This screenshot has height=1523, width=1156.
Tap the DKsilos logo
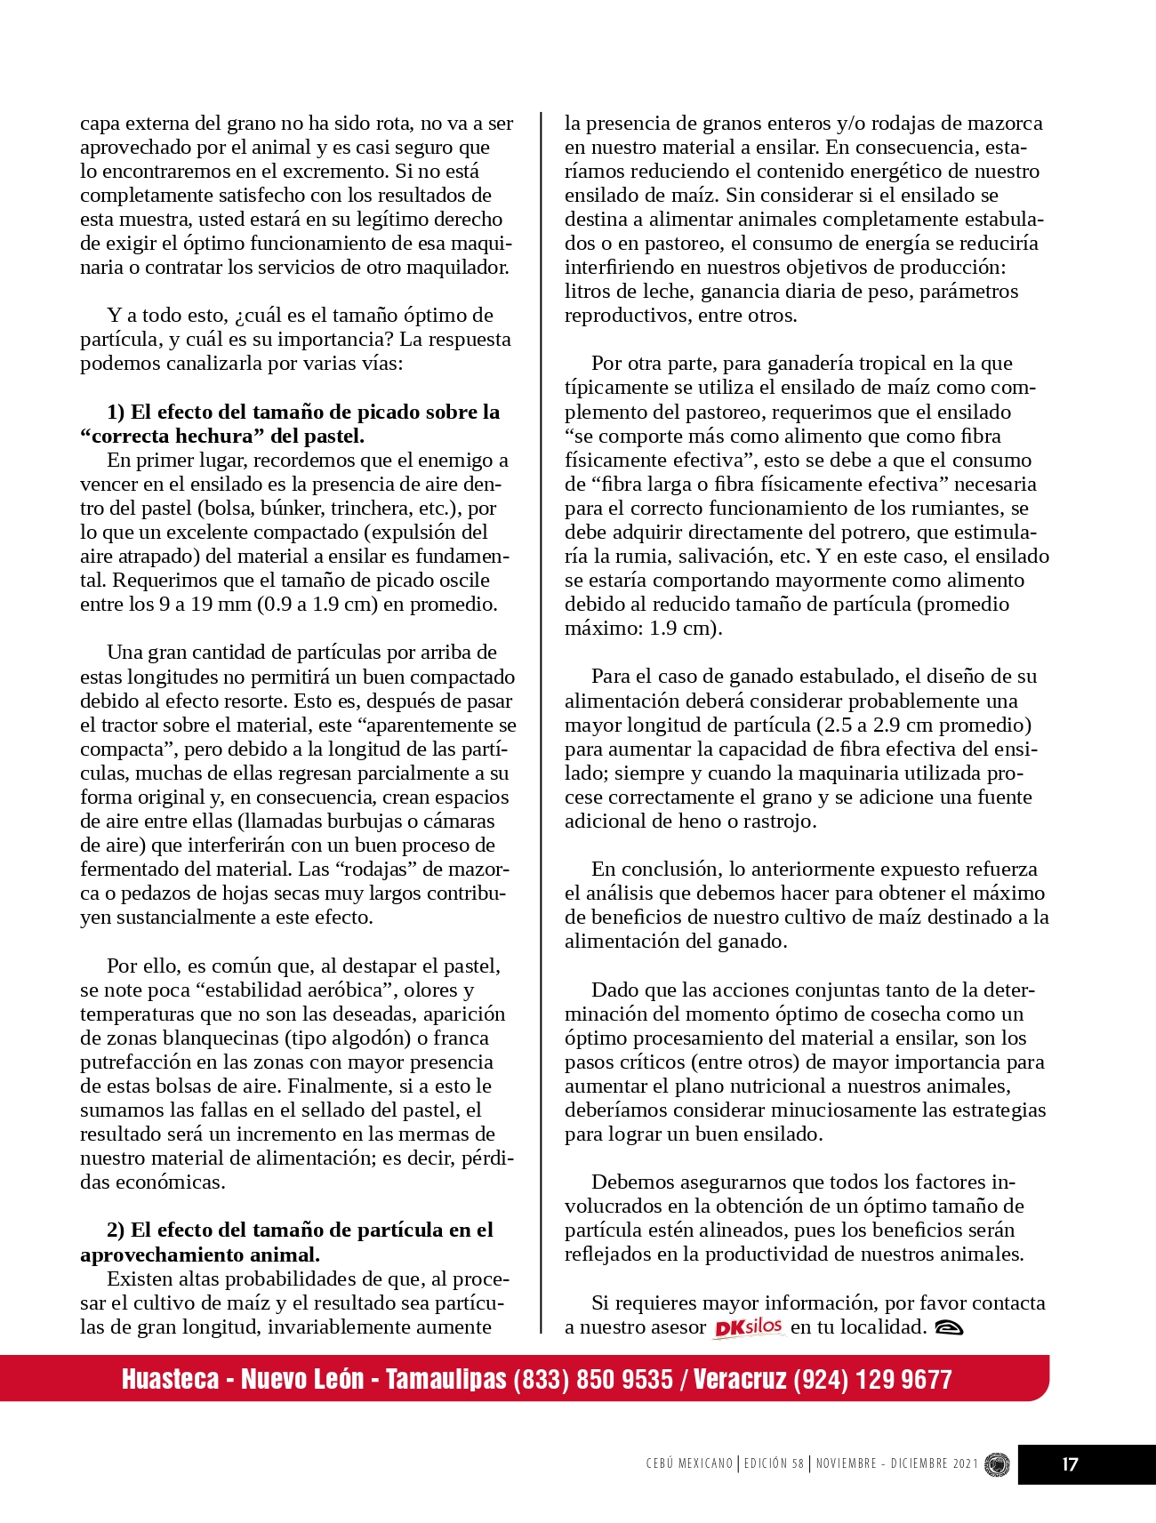(x=748, y=1327)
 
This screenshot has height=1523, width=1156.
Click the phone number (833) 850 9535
(x=593, y=1379)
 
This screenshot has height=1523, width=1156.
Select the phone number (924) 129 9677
(x=872, y=1379)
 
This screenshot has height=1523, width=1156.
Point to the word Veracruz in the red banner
(x=740, y=1379)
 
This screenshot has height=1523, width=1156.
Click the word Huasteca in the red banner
(x=170, y=1379)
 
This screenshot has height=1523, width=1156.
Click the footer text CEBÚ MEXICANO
(x=690, y=1463)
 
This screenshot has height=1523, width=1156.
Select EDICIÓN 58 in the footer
(x=774, y=1463)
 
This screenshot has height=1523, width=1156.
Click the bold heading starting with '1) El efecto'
(x=290, y=424)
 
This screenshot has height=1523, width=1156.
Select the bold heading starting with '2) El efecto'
(x=286, y=1242)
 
